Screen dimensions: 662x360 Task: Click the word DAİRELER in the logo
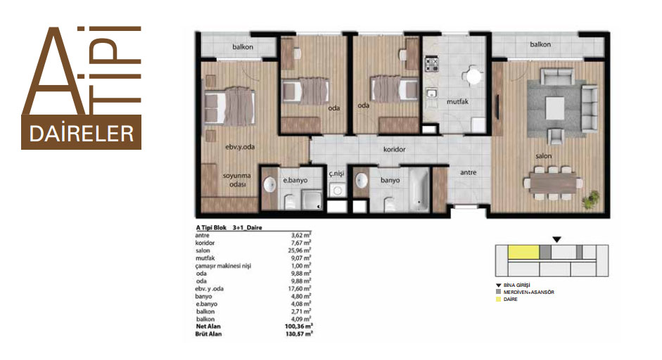pyautogui.click(x=82, y=134)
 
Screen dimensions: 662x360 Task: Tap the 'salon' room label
pyautogui.click(x=543, y=156)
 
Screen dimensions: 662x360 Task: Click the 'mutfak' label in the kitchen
pyautogui.click(x=458, y=102)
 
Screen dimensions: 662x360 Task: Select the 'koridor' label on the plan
pyautogui.click(x=395, y=149)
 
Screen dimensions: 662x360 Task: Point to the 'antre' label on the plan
pyautogui.click(x=469, y=172)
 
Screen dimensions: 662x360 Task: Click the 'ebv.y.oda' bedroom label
pyautogui.click(x=240, y=147)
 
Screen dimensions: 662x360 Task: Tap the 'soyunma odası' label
pyautogui.click(x=237, y=180)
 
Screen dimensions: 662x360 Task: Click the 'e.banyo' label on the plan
pyautogui.click(x=295, y=180)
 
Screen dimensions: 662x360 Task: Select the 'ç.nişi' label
pyautogui.click(x=336, y=174)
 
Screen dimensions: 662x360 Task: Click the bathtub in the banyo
pyautogui.click(x=419, y=190)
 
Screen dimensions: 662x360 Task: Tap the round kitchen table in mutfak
pyautogui.click(x=473, y=77)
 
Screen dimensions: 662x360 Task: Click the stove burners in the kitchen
pyautogui.click(x=431, y=65)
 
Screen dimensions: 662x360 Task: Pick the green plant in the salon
pyautogui.click(x=590, y=199)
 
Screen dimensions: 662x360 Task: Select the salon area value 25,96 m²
pyautogui.click(x=301, y=250)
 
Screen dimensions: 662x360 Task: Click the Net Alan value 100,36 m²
pyautogui.click(x=299, y=326)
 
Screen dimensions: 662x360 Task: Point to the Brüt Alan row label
pyautogui.click(x=208, y=334)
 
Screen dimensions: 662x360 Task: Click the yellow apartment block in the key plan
pyautogui.click(x=523, y=252)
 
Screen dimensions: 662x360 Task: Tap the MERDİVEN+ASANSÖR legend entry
pyautogui.click(x=528, y=292)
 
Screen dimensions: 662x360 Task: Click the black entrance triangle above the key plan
pyautogui.click(x=557, y=240)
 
